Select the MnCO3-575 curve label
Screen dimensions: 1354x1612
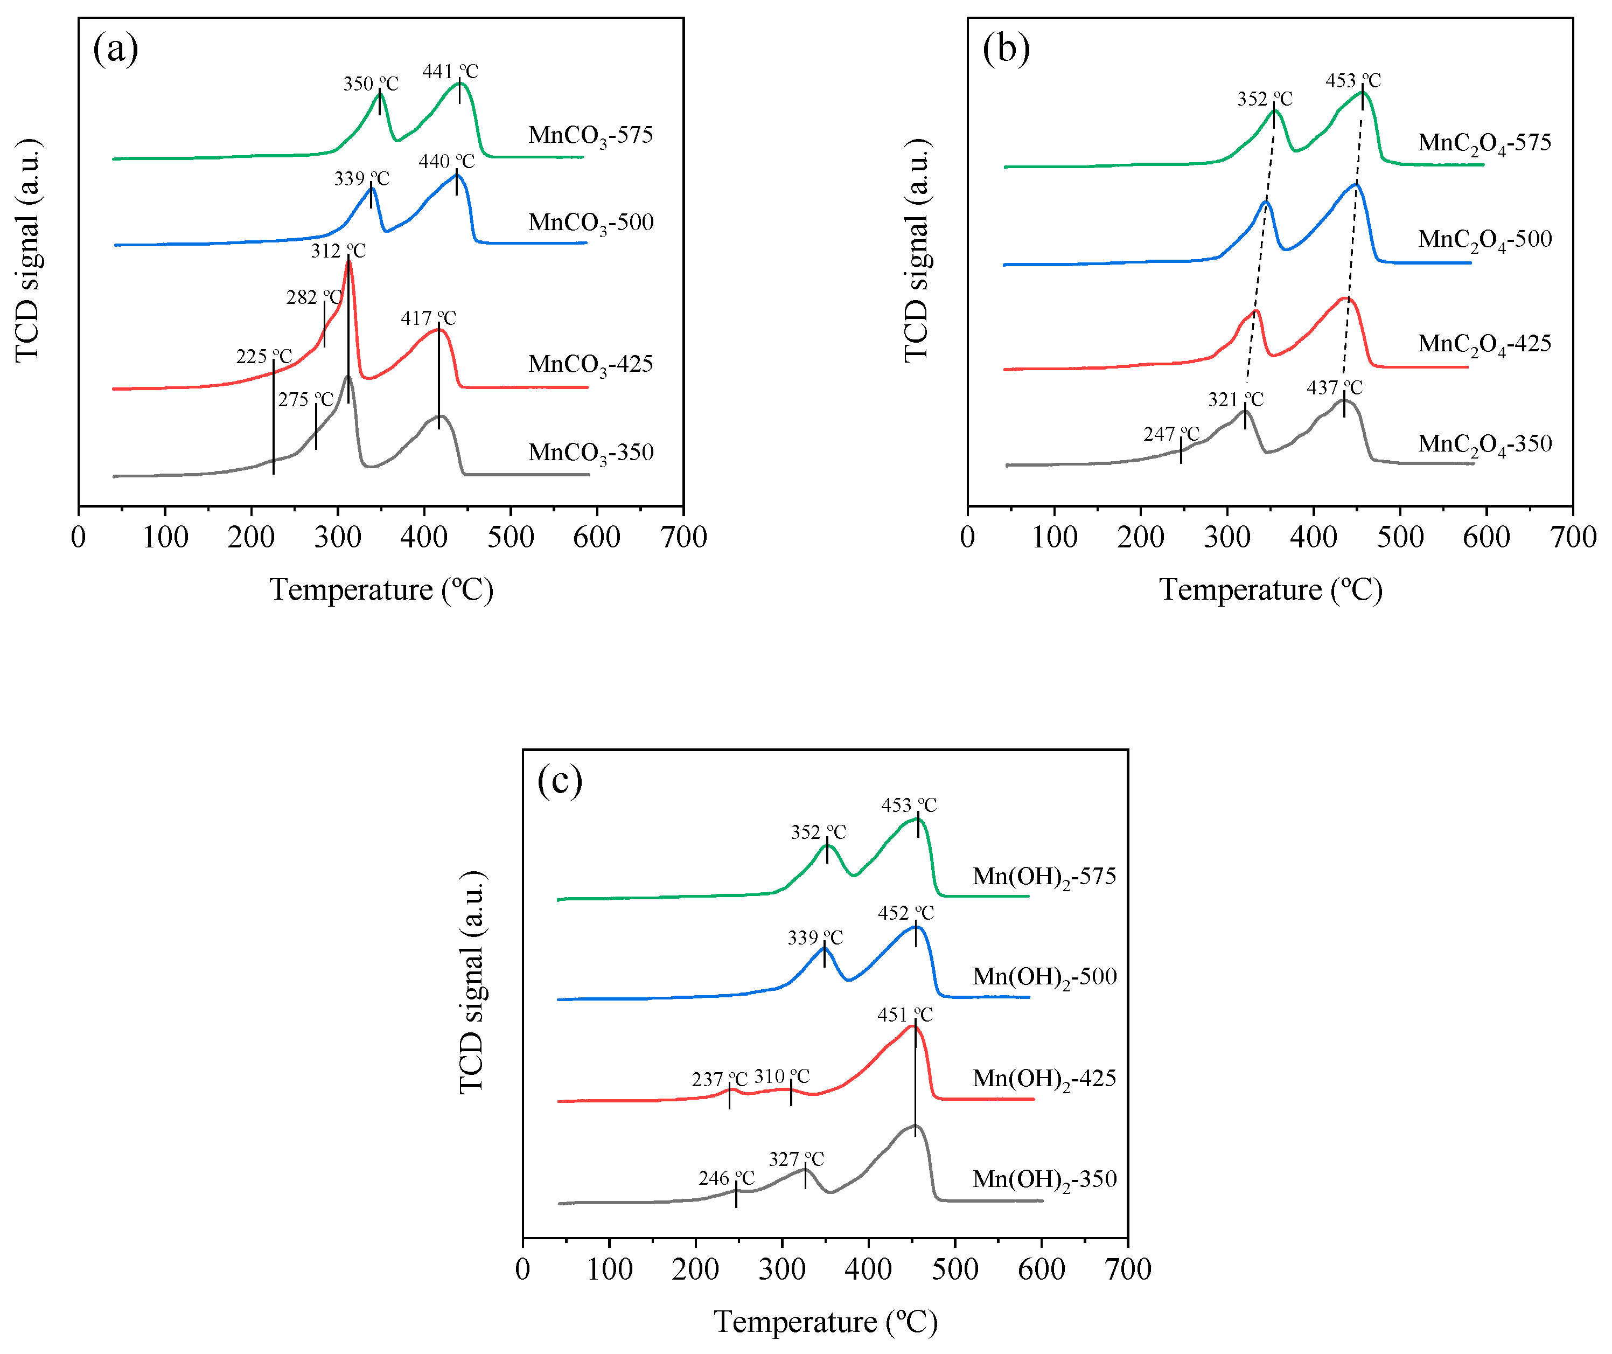click(590, 136)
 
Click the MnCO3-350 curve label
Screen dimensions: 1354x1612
click(590, 453)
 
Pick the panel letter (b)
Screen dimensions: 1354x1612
click(1006, 49)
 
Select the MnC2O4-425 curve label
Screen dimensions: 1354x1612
click(1484, 345)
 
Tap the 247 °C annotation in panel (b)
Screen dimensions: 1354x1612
click(1170, 435)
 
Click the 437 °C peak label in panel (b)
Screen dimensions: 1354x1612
click(1334, 388)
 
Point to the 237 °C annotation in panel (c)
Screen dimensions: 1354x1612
click(719, 1080)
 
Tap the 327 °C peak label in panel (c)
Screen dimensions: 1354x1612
click(796, 1159)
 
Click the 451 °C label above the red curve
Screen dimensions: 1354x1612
click(905, 1015)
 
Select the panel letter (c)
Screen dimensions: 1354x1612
click(560, 781)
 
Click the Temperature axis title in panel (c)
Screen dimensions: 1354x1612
click(825, 1322)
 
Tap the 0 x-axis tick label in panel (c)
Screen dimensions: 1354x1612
click(523, 1269)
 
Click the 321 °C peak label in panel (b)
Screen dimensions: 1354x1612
click(1235, 400)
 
